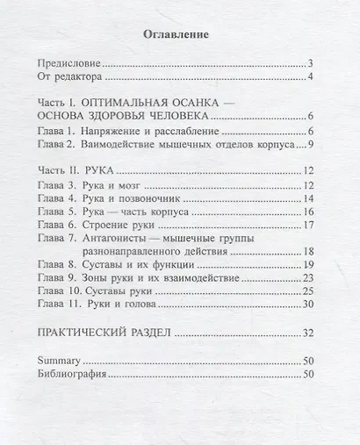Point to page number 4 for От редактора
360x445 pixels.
click(311, 77)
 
